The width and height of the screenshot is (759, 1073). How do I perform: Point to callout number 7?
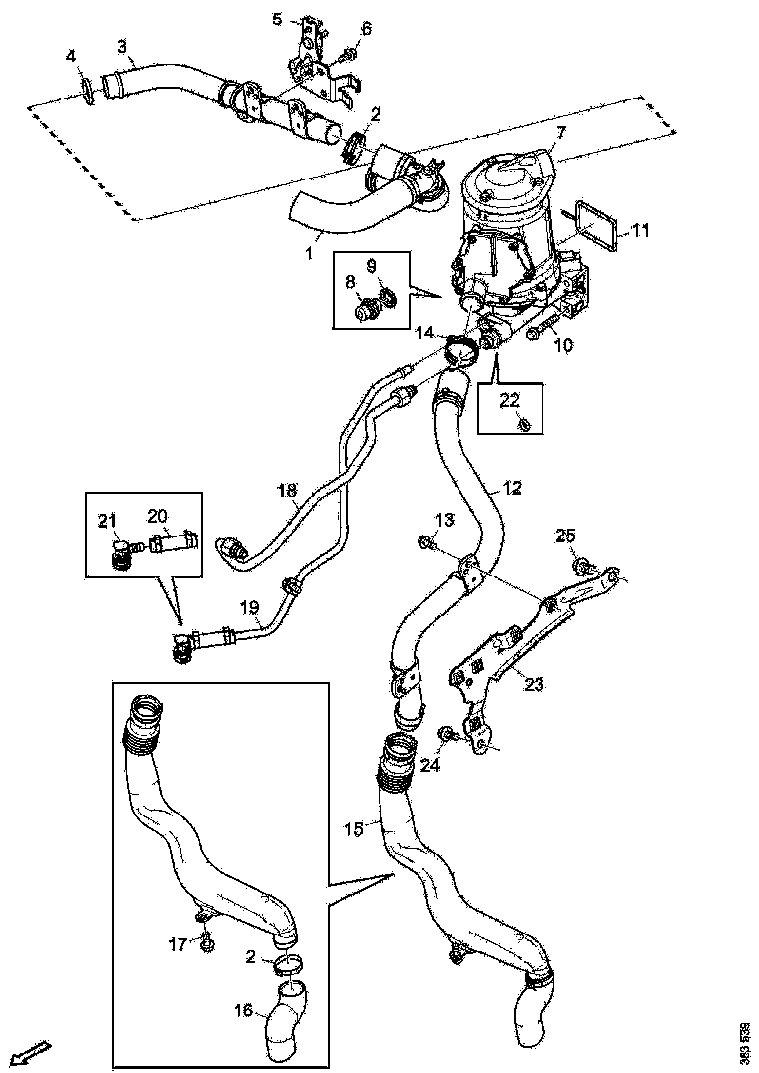[x=559, y=131]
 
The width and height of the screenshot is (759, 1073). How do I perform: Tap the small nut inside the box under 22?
[x=525, y=424]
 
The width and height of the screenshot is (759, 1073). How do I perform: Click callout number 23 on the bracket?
[x=534, y=684]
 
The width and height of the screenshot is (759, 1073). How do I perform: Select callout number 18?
[x=286, y=494]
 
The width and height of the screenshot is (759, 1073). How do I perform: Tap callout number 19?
[x=250, y=607]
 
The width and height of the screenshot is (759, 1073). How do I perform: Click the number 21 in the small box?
[x=106, y=518]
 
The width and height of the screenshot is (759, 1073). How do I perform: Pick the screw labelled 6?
[x=349, y=51]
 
